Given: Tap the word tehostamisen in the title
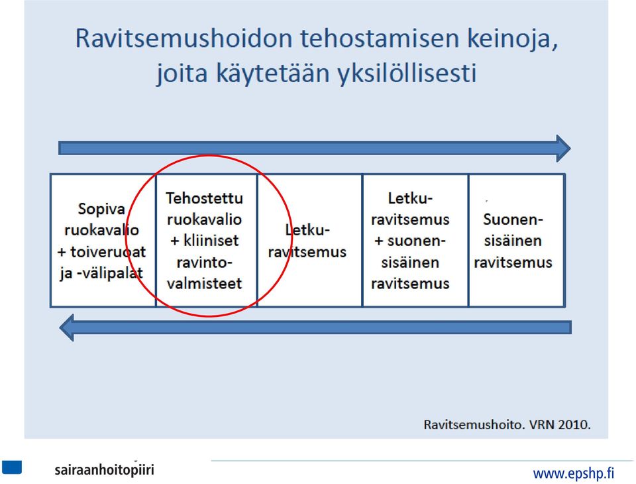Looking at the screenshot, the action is (x=380, y=38).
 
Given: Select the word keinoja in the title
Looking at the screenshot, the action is (x=513, y=39).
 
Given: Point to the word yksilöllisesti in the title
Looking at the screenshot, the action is (x=407, y=73).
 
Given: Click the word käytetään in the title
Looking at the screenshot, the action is (x=272, y=73).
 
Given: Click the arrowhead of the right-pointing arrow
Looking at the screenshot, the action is (x=564, y=149).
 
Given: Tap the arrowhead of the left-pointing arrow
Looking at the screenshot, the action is (x=66, y=328).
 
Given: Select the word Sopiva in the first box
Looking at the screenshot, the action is (x=101, y=210).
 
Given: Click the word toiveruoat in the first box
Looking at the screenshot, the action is (x=108, y=252).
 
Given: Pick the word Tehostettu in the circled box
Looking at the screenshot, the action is (x=205, y=198).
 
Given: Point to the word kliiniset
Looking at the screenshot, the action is (x=211, y=241).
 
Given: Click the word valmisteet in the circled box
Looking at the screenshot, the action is (x=205, y=283).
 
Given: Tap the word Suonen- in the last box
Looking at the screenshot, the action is (x=513, y=219).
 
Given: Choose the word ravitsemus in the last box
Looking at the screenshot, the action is (x=513, y=263).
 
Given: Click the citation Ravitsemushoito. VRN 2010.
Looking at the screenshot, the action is (x=507, y=425).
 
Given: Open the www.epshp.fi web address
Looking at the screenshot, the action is (x=574, y=473).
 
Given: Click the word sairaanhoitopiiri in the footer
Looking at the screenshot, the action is (x=104, y=470).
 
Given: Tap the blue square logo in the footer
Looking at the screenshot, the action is (x=12, y=467).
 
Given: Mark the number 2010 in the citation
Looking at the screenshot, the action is (x=574, y=425).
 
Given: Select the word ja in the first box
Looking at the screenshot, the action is (x=66, y=274).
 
